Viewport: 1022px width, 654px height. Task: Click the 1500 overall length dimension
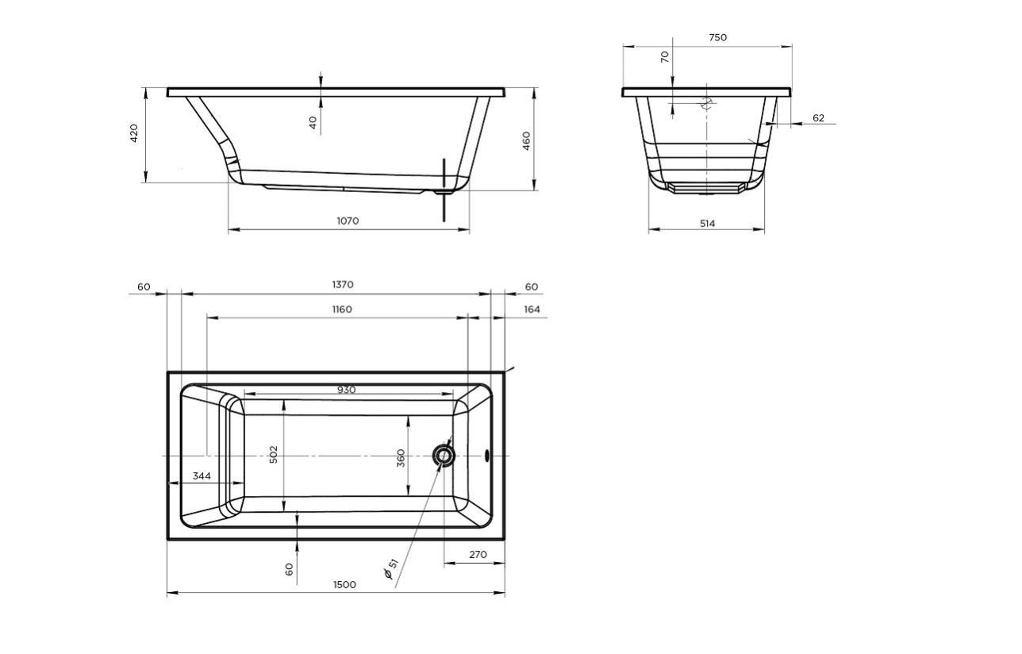coord(344,585)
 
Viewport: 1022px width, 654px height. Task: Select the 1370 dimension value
coord(343,285)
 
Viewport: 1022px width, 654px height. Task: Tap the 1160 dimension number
coord(342,310)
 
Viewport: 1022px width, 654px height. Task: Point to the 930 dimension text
coord(346,390)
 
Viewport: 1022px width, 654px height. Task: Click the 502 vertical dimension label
coord(273,455)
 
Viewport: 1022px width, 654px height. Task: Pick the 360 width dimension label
coord(401,458)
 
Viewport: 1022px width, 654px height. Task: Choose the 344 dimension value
coord(202,476)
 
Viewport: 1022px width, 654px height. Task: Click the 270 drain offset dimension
coord(478,555)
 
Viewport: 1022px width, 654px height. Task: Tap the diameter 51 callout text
coord(391,569)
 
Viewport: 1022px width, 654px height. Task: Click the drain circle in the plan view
coord(444,456)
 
